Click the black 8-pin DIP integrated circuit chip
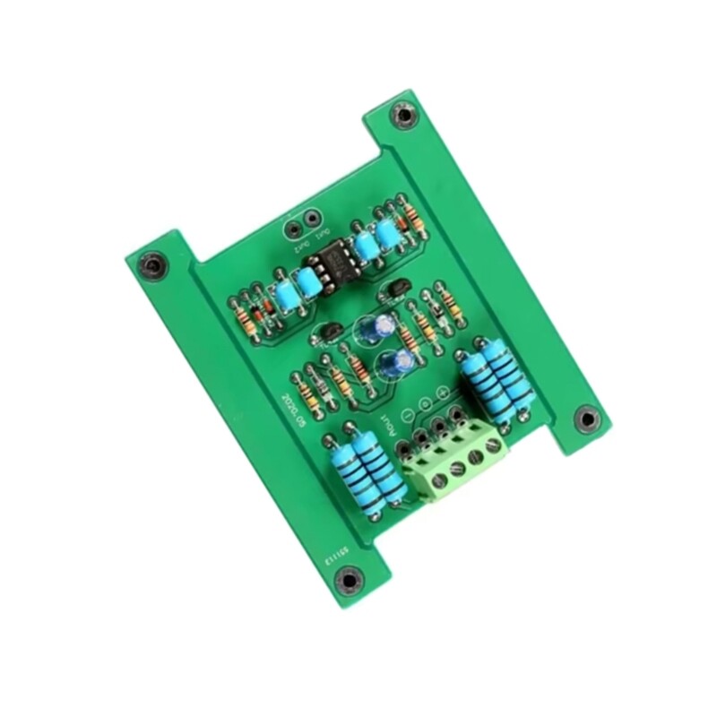coord(333,263)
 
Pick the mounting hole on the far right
coord(586,418)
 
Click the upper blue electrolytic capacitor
coord(376,326)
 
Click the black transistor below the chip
coord(329,333)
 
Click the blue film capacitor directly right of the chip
coord(366,247)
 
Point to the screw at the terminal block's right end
coord(492,443)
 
